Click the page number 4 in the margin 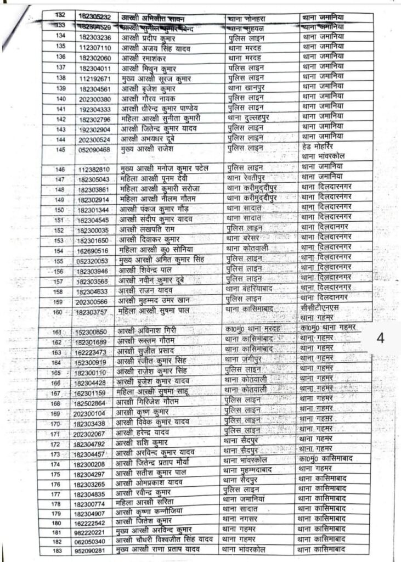click(x=380, y=338)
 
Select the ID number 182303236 click(x=95, y=37)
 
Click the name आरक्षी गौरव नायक click(x=147, y=99)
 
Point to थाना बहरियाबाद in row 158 click(x=249, y=291)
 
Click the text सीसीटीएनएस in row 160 click(x=320, y=307)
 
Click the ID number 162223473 click(x=92, y=352)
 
